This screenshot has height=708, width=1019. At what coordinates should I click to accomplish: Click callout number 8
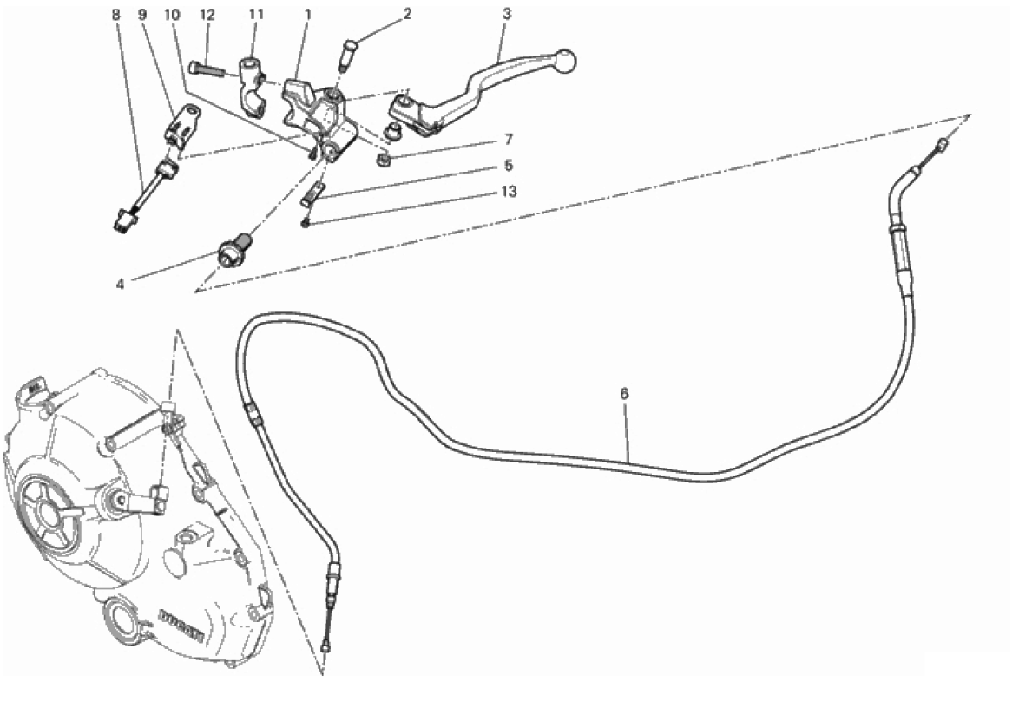click(x=116, y=14)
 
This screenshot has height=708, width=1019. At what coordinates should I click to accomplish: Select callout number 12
click(x=207, y=14)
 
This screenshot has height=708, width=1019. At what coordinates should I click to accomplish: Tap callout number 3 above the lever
click(x=507, y=14)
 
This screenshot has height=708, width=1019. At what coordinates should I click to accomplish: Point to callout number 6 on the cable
click(x=625, y=394)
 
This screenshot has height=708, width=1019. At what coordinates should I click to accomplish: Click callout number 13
click(x=509, y=192)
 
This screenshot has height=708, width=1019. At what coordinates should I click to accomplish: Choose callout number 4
click(x=121, y=285)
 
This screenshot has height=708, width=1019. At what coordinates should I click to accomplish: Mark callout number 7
click(x=509, y=140)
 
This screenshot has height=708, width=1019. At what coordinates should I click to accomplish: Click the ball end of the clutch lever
click(x=565, y=61)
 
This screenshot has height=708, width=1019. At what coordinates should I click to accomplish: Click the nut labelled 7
click(x=384, y=159)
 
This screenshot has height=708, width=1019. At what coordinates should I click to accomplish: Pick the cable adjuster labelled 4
click(x=235, y=250)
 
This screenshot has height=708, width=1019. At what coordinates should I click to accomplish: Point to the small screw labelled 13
click(x=305, y=224)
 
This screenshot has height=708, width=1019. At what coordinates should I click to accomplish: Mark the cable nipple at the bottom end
click(x=325, y=646)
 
